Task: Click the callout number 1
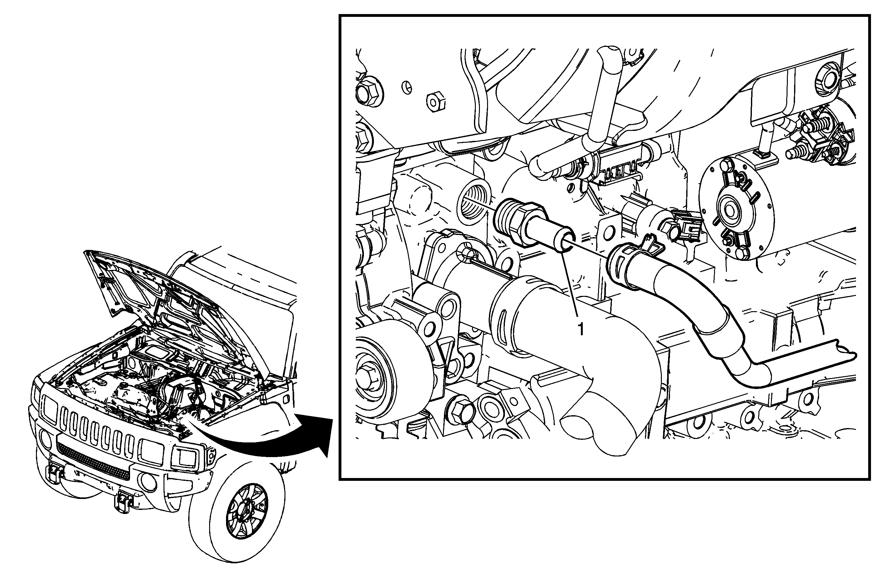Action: pyautogui.click(x=581, y=330)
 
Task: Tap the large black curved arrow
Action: pyautogui.click(x=269, y=438)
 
